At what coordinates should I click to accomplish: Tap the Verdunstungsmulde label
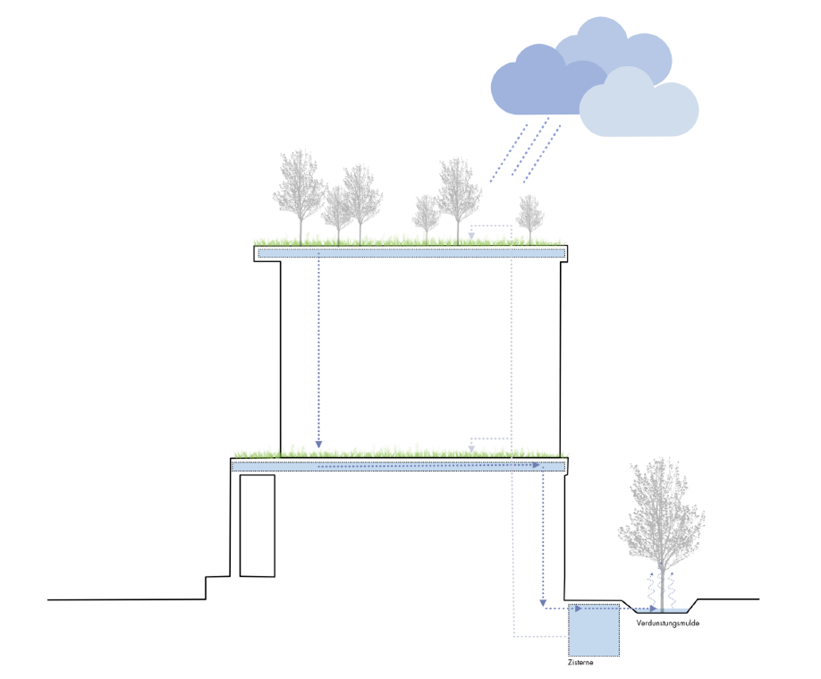click(667, 623)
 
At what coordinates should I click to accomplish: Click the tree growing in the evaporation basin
click(661, 534)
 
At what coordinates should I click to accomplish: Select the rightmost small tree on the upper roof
click(530, 216)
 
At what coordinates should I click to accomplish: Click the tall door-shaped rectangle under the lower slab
click(257, 526)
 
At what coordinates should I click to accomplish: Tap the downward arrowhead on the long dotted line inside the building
click(319, 445)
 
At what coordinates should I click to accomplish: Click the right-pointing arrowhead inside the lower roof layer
click(536, 465)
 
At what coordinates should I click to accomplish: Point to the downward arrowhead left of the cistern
click(543, 603)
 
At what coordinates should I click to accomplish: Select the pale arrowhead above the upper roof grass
click(472, 236)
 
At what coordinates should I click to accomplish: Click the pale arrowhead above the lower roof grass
click(472, 449)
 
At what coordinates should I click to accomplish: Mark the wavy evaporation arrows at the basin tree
click(661, 589)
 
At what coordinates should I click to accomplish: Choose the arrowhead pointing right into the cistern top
click(578, 609)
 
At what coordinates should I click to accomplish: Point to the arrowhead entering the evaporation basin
click(654, 608)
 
